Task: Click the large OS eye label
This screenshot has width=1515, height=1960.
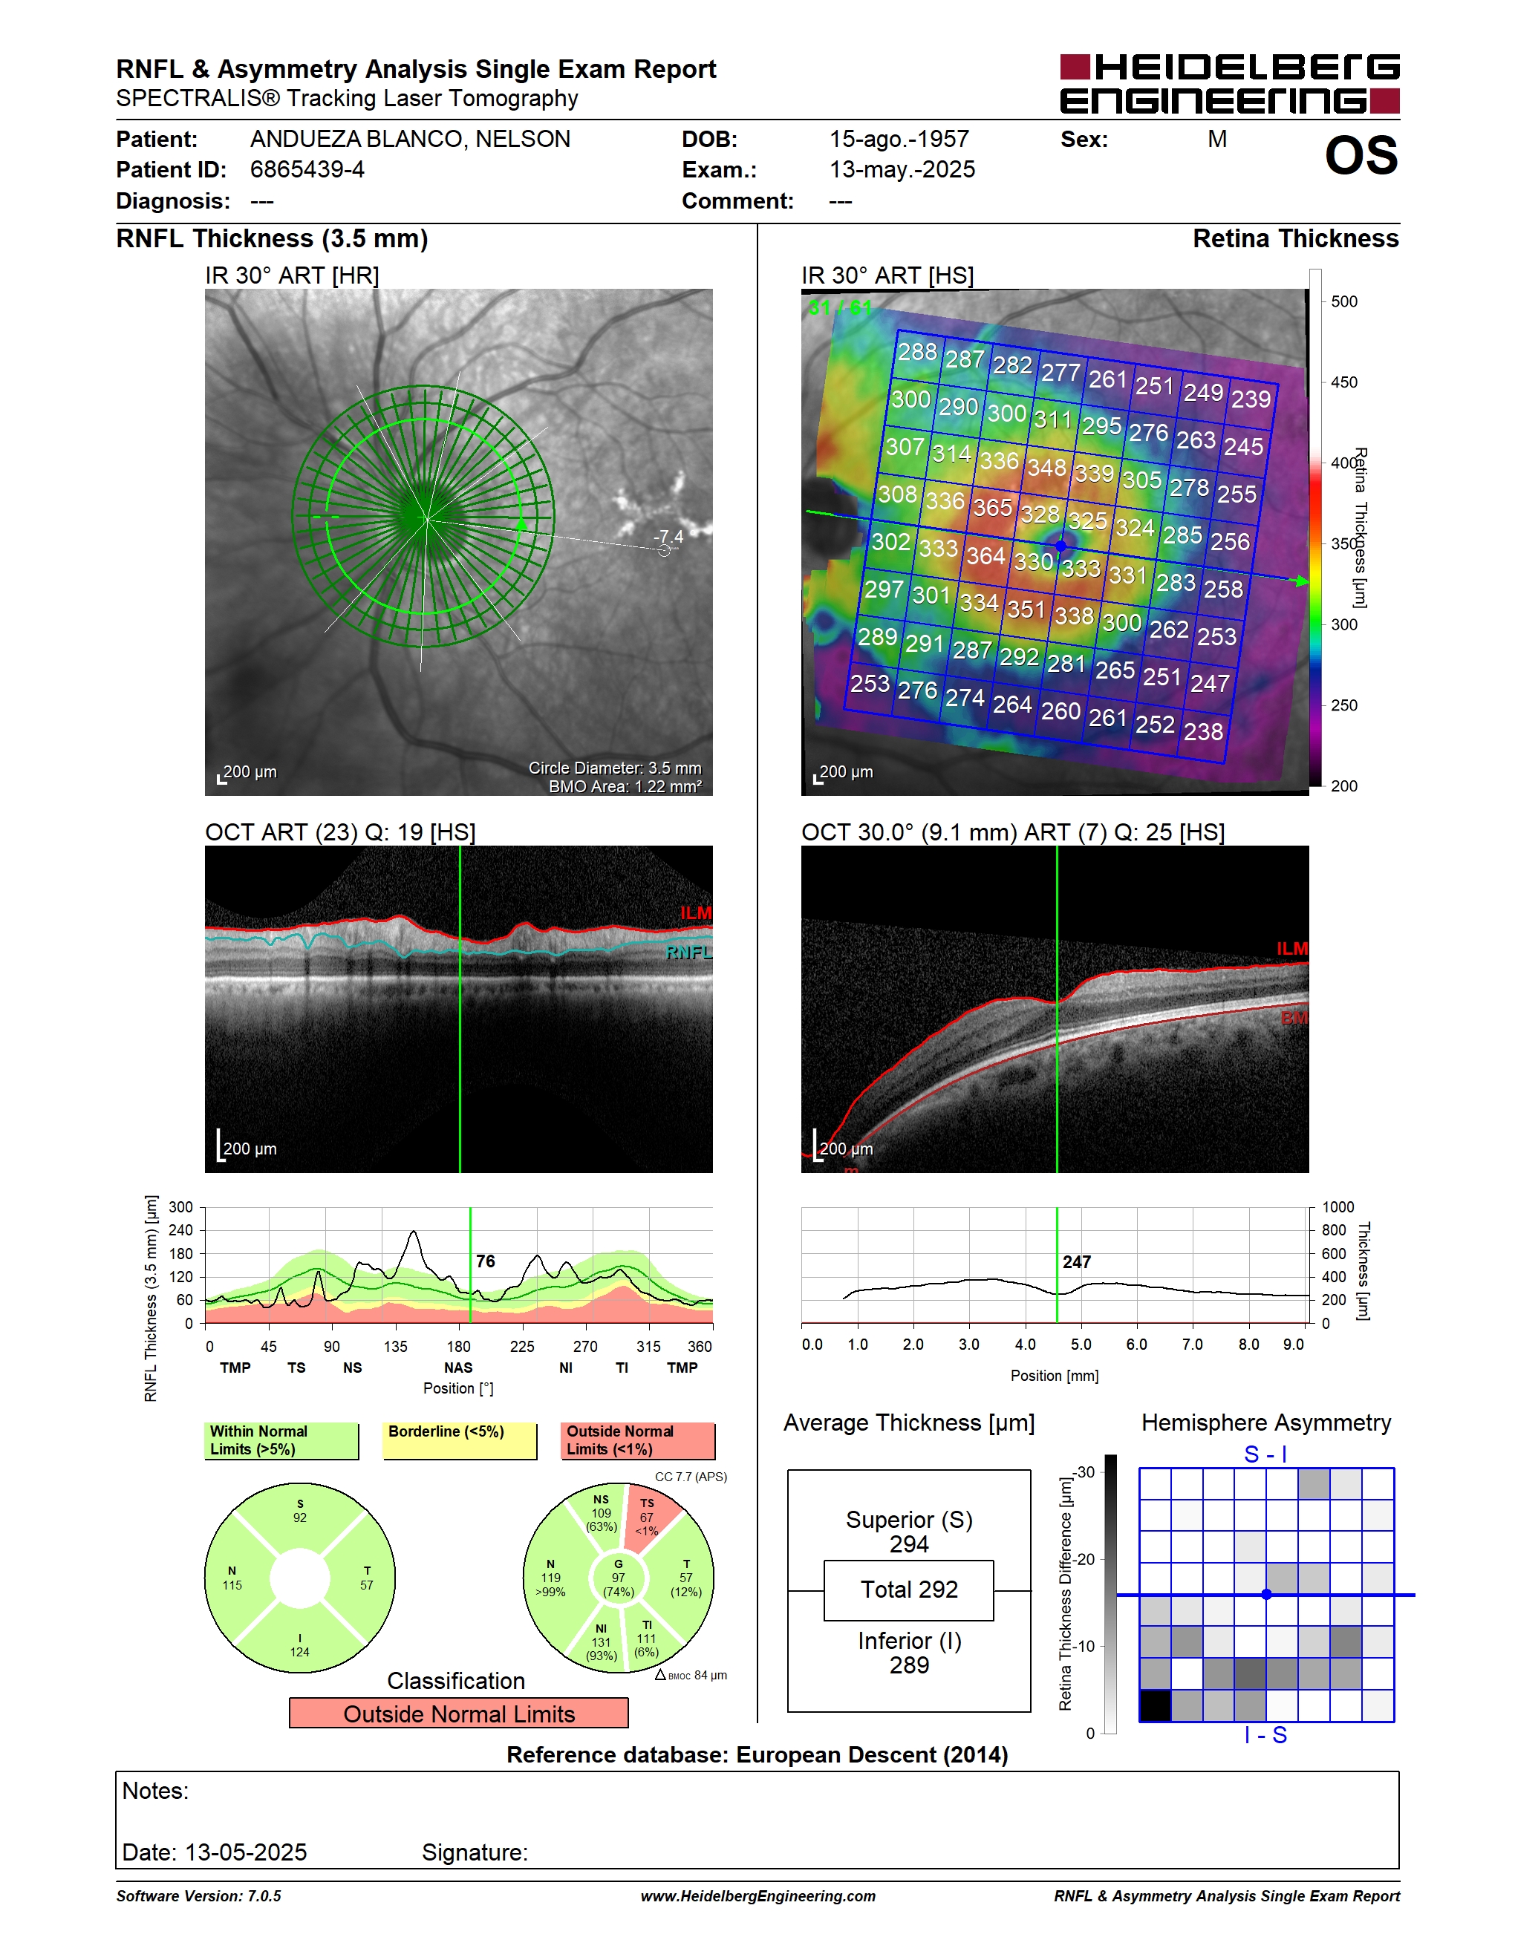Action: [x=1361, y=155]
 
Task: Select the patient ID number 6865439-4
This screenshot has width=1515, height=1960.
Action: [x=307, y=169]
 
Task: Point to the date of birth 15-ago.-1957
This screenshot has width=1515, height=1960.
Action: [x=899, y=139]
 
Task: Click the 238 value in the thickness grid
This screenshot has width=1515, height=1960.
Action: [x=1202, y=731]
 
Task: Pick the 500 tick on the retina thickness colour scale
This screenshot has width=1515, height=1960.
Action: [x=1343, y=301]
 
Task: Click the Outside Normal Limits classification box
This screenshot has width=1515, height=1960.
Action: [x=459, y=1714]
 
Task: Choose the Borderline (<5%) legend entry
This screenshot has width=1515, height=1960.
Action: [x=460, y=1440]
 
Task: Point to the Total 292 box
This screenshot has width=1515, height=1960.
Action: [x=908, y=1590]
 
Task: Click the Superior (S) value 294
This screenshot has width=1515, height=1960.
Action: [x=908, y=1544]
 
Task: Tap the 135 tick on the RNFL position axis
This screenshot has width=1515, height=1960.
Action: [x=395, y=1346]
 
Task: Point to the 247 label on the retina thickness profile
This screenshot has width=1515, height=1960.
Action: [x=1077, y=1262]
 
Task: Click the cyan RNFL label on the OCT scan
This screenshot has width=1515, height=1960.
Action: [x=688, y=953]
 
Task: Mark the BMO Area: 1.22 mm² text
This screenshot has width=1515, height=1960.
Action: [x=625, y=786]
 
